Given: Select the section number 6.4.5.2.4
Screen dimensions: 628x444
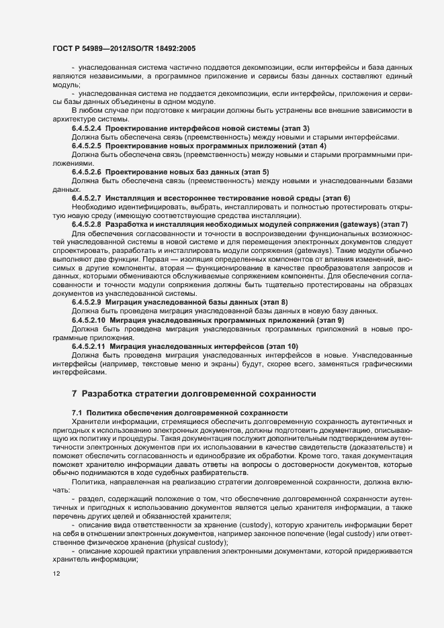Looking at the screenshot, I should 86,127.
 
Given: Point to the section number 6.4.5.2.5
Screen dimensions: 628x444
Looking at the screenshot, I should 86,146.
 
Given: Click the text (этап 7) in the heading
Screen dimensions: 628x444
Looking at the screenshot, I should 397,225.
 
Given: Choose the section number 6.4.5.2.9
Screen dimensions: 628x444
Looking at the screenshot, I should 86,303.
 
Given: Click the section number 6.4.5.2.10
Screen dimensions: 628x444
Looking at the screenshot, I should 88,321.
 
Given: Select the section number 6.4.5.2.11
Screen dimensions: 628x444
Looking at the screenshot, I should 88,346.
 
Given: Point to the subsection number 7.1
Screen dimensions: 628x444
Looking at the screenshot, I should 77,411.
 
